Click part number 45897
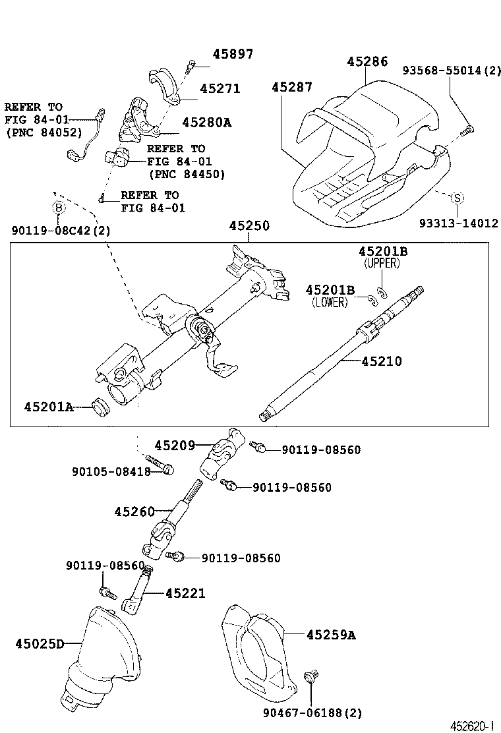tap(232, 54)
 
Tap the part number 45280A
tap(206, 122)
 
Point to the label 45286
tap(367, 62)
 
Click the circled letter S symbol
tap(456, 197)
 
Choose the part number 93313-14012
tap(458, 223)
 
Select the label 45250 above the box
tap(249, 226)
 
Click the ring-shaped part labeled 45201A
tap(102, 407)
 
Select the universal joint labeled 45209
tap(225, 454)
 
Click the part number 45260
tap(134, 512)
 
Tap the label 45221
tap(185, 594)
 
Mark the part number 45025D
tap(40, 643)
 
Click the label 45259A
tap(330, 635)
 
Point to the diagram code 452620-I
tap(471, 725)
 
